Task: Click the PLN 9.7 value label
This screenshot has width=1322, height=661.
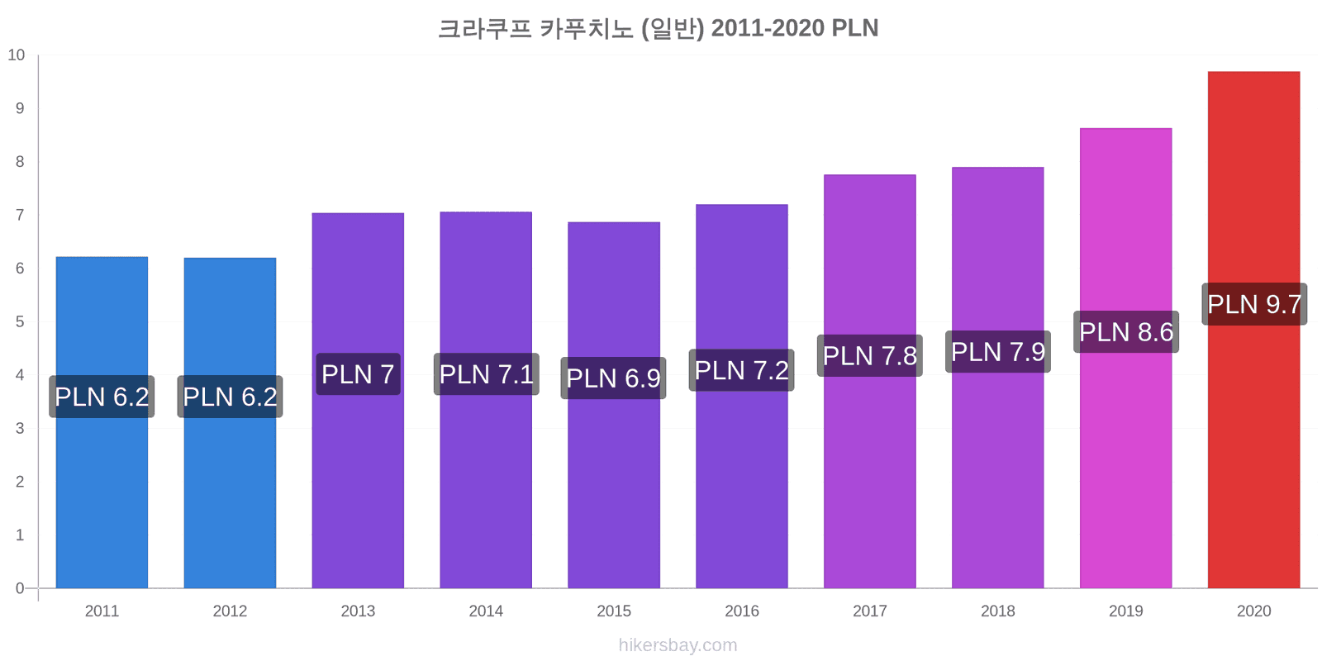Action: [x=1254, y=305]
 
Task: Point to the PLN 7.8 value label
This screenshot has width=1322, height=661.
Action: [x=870, y=355]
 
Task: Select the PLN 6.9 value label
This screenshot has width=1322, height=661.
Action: [x=613, y=378]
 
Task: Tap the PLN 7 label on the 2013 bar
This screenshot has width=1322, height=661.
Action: [x=359, y=374]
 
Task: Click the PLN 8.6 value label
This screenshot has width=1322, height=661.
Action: [x=1126, y=331]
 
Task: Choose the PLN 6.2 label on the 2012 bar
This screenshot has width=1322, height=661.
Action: [x=231, y=397]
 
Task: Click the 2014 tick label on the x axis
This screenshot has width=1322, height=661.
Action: [x=486, y=611]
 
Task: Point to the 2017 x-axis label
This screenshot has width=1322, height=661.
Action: [x=870, y=611]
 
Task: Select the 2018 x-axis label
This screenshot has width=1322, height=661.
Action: [x=998, y=611]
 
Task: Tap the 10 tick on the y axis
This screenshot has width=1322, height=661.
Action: [x=17, y=55]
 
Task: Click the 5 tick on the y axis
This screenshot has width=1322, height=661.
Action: [x=20, y=321]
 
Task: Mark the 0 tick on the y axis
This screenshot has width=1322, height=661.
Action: [x=20, y=588]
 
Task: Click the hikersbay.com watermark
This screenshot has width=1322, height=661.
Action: [x=678, y=645]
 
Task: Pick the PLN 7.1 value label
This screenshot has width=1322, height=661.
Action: [x=487, y=374]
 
